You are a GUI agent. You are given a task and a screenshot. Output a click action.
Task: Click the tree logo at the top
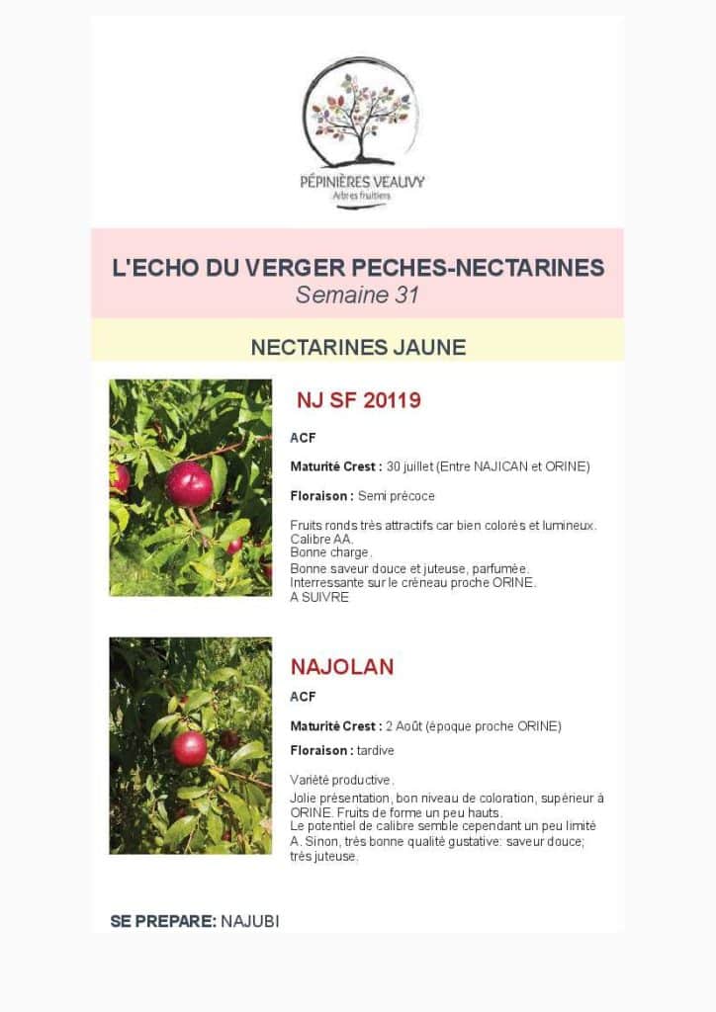[361, 111]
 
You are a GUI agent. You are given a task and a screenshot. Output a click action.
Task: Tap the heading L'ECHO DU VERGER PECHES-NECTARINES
[357, 268]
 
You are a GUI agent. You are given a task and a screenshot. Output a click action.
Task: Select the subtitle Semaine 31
[357, 295]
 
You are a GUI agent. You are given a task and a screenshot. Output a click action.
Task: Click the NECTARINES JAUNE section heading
[357, 347]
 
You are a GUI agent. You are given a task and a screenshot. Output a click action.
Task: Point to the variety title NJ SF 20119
[359, 400]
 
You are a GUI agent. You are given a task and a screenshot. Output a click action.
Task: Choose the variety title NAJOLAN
[342, 667]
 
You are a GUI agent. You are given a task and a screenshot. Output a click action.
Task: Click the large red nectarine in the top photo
[189, 484]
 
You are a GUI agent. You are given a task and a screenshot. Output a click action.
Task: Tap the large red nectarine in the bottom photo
[189, 747]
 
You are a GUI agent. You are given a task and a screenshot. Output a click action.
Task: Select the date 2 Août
[407, 726]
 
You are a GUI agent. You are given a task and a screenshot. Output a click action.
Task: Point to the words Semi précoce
[397, 496]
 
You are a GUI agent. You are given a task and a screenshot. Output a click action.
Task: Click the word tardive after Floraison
[375, 751]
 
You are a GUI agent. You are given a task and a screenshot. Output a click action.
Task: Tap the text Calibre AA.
[322, 540]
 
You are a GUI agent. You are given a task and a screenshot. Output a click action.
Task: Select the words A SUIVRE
[319, 598]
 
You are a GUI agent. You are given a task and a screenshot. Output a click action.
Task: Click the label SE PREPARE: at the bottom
[163, 921]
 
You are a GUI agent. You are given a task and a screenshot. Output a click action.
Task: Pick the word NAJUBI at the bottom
[250, 921]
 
